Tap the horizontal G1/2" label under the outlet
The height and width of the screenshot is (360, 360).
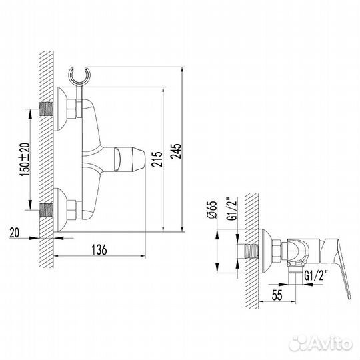tap(317, 274)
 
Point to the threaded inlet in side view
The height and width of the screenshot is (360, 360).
tap(251, 252)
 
